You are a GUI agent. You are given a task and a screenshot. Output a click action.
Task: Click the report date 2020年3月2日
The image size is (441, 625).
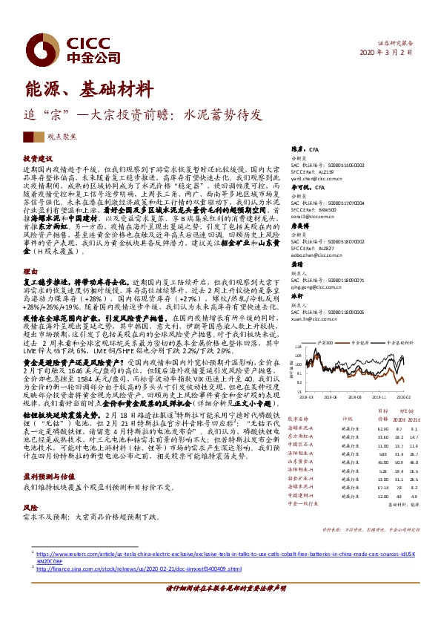pyautogui.click(x=401, y=53)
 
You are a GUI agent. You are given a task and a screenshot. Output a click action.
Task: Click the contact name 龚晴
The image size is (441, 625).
pyautogui.click(x=296, y=264)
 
